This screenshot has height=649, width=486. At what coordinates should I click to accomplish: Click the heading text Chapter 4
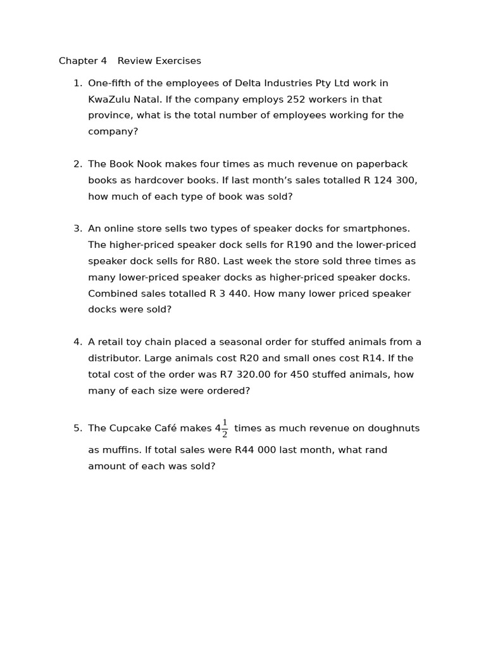[83, 61]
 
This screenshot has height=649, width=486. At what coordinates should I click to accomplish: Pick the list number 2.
[77, 164]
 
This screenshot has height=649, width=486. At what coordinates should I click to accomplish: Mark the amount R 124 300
[390, 181]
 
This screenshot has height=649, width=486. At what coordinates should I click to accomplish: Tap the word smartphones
[377, 229]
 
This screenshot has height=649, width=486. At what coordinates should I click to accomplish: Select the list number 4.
[77, 342]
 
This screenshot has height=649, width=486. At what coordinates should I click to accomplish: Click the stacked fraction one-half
[225, 429]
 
